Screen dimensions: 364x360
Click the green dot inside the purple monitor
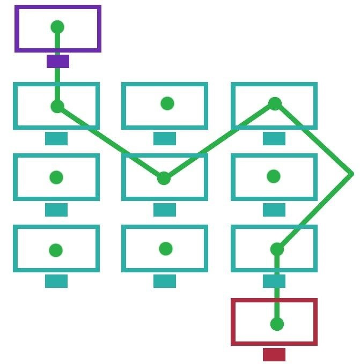[x=57, y=27]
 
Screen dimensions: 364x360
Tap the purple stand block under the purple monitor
[x=57, y=61]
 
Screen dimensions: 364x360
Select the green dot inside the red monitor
[x=277, y=324]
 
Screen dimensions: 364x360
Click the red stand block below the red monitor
[x=274, y=354]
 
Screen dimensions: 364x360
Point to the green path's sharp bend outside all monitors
[x=351, y=174]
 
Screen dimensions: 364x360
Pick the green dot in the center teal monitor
[x=164, y=179]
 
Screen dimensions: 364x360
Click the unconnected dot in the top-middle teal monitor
[x=167, y=103]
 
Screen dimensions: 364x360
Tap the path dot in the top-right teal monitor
[x=275, y=103]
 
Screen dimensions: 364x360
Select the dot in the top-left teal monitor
[x=57, y=106]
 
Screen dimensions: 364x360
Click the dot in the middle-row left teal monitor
[x=56, y=177]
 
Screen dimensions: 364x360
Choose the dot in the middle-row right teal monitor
[x=274, y=176]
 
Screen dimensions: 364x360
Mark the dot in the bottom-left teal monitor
[x=56, y=250]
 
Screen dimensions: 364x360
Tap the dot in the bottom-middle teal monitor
[x=166, y=249]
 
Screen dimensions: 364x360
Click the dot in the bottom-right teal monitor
[x=277, y=249]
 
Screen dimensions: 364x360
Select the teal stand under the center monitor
[x=165, y=210]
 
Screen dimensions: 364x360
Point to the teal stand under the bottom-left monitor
[x=56, y=281]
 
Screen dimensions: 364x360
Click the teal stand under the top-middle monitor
[x=165, y=138]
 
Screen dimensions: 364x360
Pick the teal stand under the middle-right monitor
[x=274, y=210]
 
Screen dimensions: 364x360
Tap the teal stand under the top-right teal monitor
[x=274, y=138]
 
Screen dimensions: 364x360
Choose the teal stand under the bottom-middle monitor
[x=165, y=281]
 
